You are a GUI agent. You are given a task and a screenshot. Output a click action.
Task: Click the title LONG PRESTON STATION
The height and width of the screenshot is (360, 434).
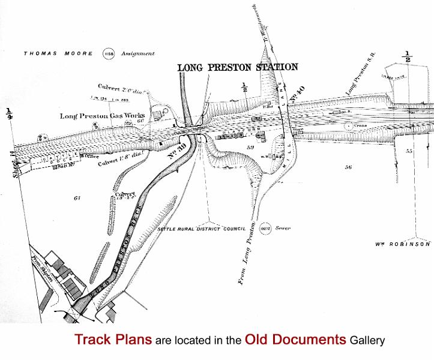coord(237,67)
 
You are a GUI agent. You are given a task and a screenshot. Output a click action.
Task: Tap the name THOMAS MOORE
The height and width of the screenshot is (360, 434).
coord(58,53)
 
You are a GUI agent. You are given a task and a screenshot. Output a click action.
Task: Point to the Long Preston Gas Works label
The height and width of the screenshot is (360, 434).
coord(102,116)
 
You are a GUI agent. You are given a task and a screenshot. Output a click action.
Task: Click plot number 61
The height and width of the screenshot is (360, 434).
coord(76,197)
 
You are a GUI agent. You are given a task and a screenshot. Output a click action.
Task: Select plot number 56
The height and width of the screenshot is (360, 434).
coord(348,167)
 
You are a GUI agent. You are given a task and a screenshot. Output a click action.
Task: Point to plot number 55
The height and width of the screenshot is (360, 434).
coord(409,151)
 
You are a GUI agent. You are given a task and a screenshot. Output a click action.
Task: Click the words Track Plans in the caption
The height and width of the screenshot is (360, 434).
coord(113,340)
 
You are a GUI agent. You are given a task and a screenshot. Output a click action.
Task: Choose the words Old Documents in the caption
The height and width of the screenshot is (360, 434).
coord(295,340)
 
